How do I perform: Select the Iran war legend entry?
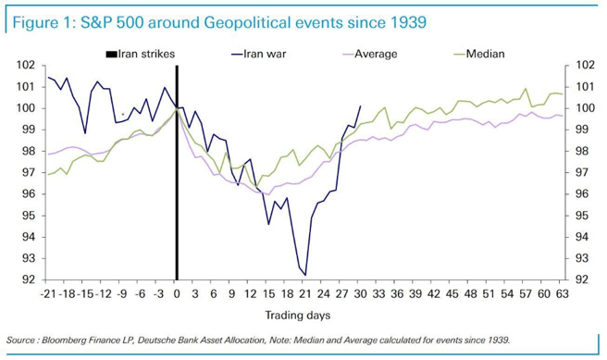[x=263, y=54]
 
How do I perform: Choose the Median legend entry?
[x=484, y=54]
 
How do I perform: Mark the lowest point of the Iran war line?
[x=304, y=275]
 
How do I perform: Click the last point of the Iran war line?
[x=360, y=106]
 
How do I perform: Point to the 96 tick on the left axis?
[x=28, y=194]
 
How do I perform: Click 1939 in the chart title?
[x=403, y=20]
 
